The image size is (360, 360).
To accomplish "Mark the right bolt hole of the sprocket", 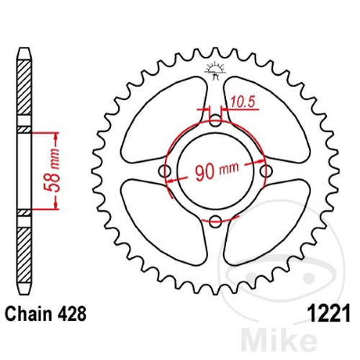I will [x=266, y=171].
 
